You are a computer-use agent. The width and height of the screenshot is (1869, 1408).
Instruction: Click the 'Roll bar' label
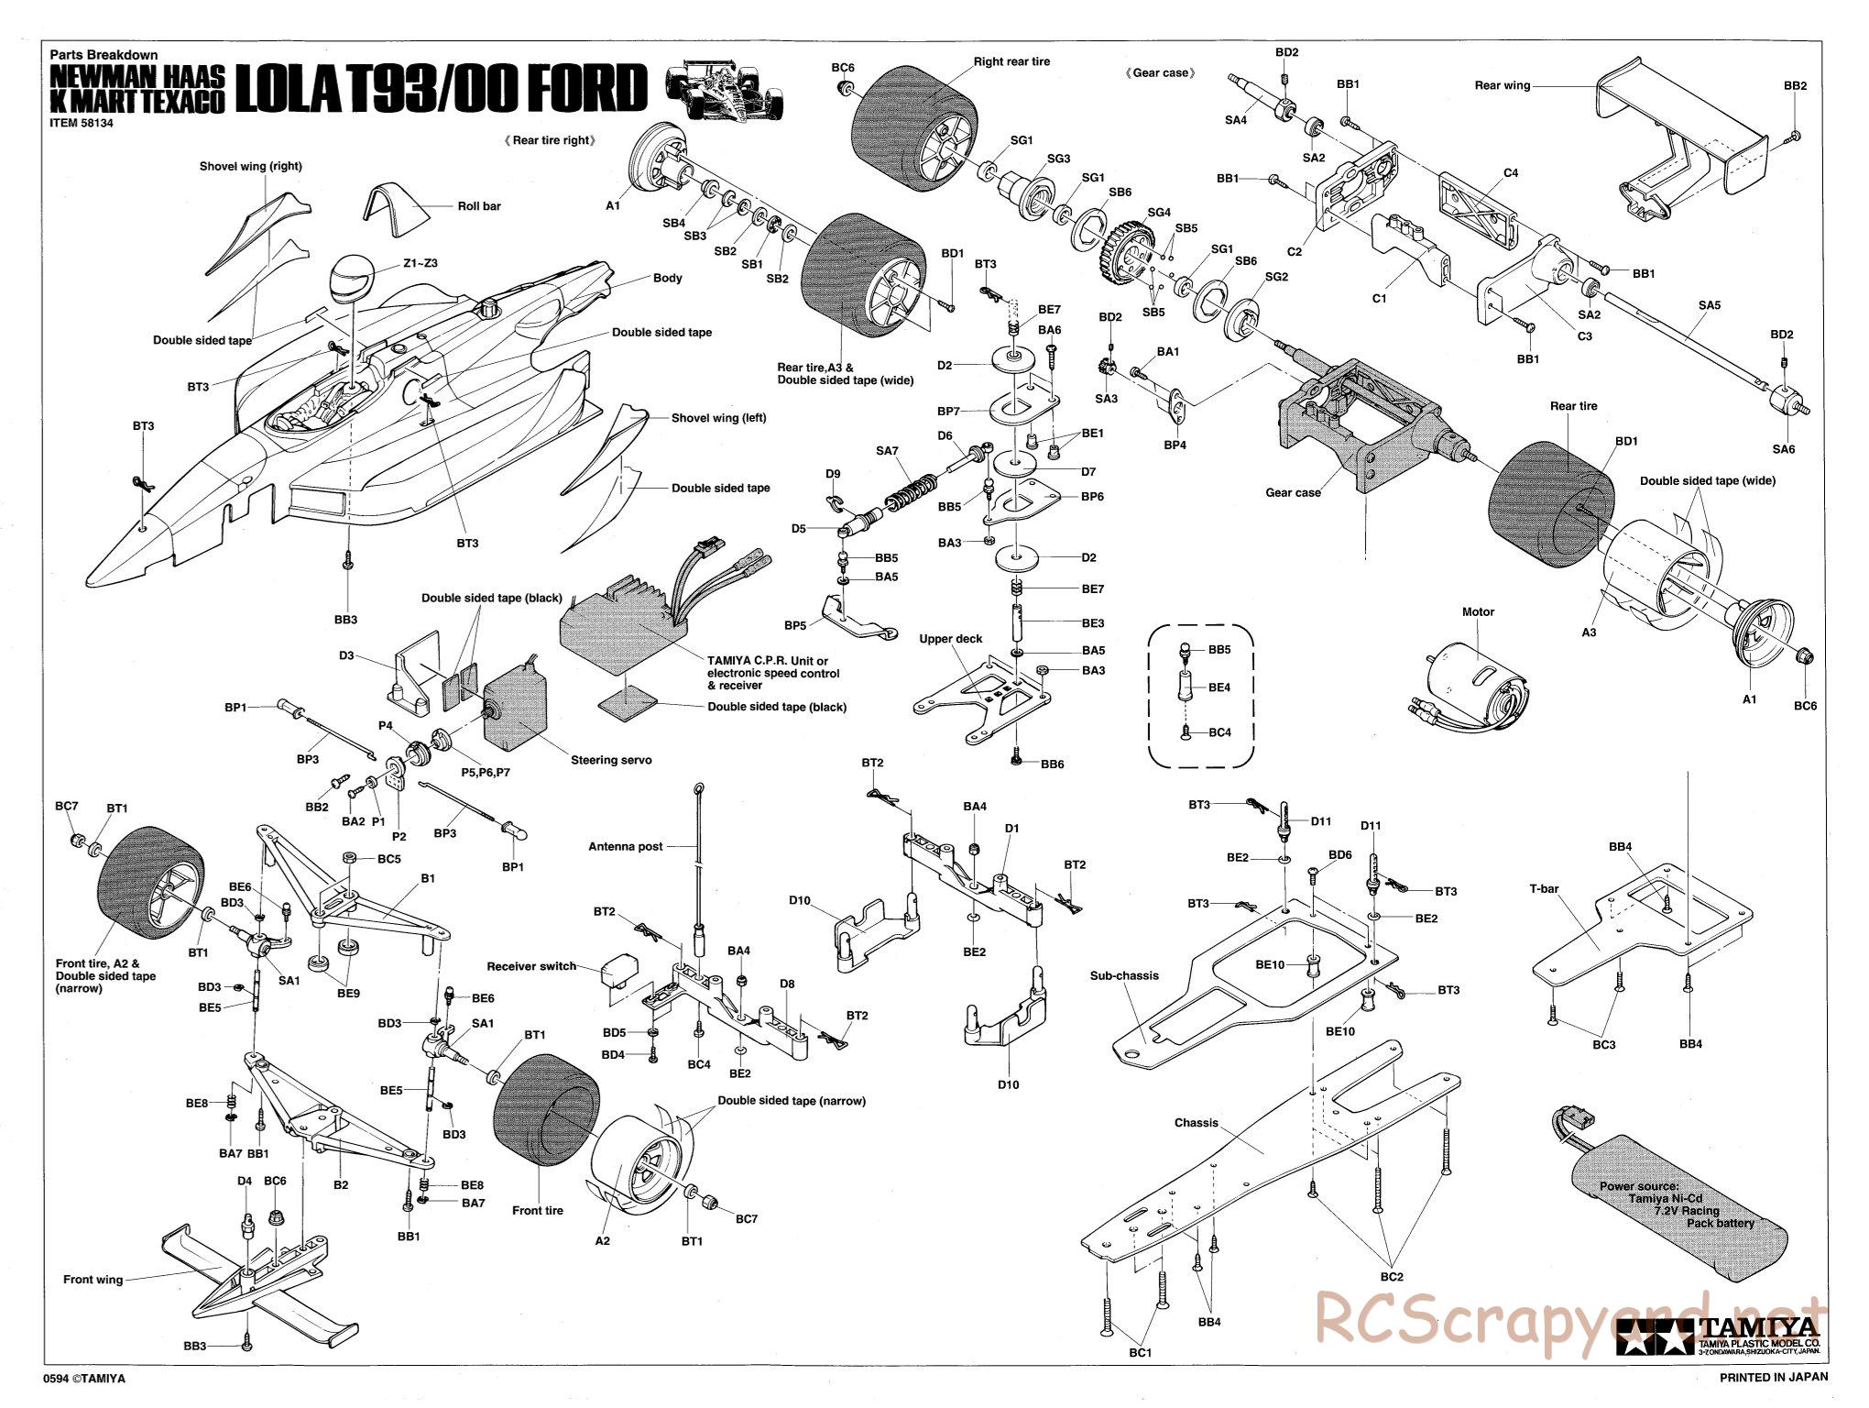479,206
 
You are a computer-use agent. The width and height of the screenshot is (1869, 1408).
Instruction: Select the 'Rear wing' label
1503,85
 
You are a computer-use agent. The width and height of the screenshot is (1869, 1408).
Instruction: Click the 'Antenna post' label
625,846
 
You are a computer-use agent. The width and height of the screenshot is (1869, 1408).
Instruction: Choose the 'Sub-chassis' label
1124,975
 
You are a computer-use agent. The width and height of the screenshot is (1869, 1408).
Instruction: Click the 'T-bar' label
1546,887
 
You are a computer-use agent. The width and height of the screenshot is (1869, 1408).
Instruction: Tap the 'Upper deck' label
950,639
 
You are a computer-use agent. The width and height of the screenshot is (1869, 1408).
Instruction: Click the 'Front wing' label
93,1279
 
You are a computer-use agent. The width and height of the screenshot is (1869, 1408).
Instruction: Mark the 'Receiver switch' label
531,966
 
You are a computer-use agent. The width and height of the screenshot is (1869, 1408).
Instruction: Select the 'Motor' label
1478,611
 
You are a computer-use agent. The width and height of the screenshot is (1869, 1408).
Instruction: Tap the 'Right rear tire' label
1011,61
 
